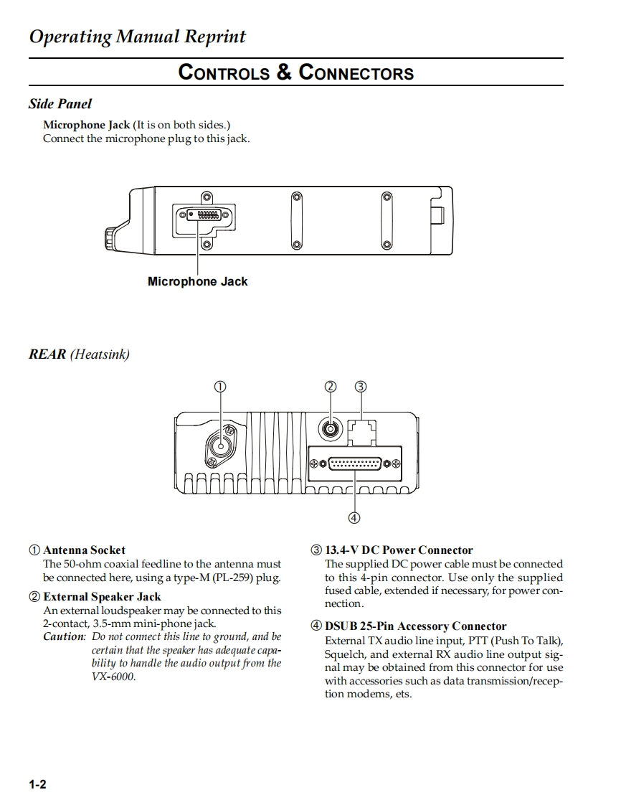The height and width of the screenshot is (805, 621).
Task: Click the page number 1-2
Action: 37,784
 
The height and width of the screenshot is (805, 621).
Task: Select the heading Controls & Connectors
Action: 295,72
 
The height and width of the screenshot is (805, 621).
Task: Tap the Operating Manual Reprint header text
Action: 137,37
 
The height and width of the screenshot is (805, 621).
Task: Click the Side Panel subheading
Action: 60,104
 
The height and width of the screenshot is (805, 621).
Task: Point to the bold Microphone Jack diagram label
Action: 197,281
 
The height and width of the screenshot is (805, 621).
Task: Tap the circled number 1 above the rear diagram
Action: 220,387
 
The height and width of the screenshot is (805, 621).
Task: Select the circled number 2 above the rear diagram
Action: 330,387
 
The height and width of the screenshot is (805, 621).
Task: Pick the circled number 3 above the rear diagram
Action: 361,387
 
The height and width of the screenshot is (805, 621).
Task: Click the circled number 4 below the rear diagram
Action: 354,517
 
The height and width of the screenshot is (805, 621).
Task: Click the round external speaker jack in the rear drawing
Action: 330,429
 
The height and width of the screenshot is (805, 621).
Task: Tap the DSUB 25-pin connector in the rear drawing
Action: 354,464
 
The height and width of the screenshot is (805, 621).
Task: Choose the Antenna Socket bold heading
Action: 84,550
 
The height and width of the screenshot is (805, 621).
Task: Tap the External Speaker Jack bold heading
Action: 102,596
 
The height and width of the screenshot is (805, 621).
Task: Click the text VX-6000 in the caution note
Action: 113,677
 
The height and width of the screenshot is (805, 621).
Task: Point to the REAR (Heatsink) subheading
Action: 79,354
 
